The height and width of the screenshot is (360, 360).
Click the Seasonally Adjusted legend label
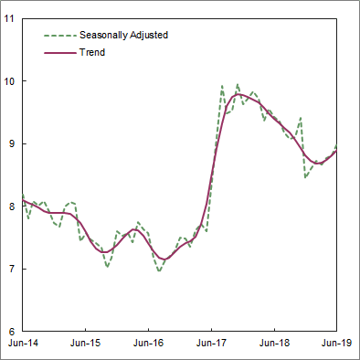pos(123,35)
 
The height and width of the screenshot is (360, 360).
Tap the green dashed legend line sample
pos(59,35)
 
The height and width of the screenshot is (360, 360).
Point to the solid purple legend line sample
pos(59,53)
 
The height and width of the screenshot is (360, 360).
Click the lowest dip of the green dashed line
pos(159,271)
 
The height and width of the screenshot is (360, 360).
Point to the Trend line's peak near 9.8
pos(239,94)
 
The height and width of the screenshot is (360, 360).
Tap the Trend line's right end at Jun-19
pos(337,151)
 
